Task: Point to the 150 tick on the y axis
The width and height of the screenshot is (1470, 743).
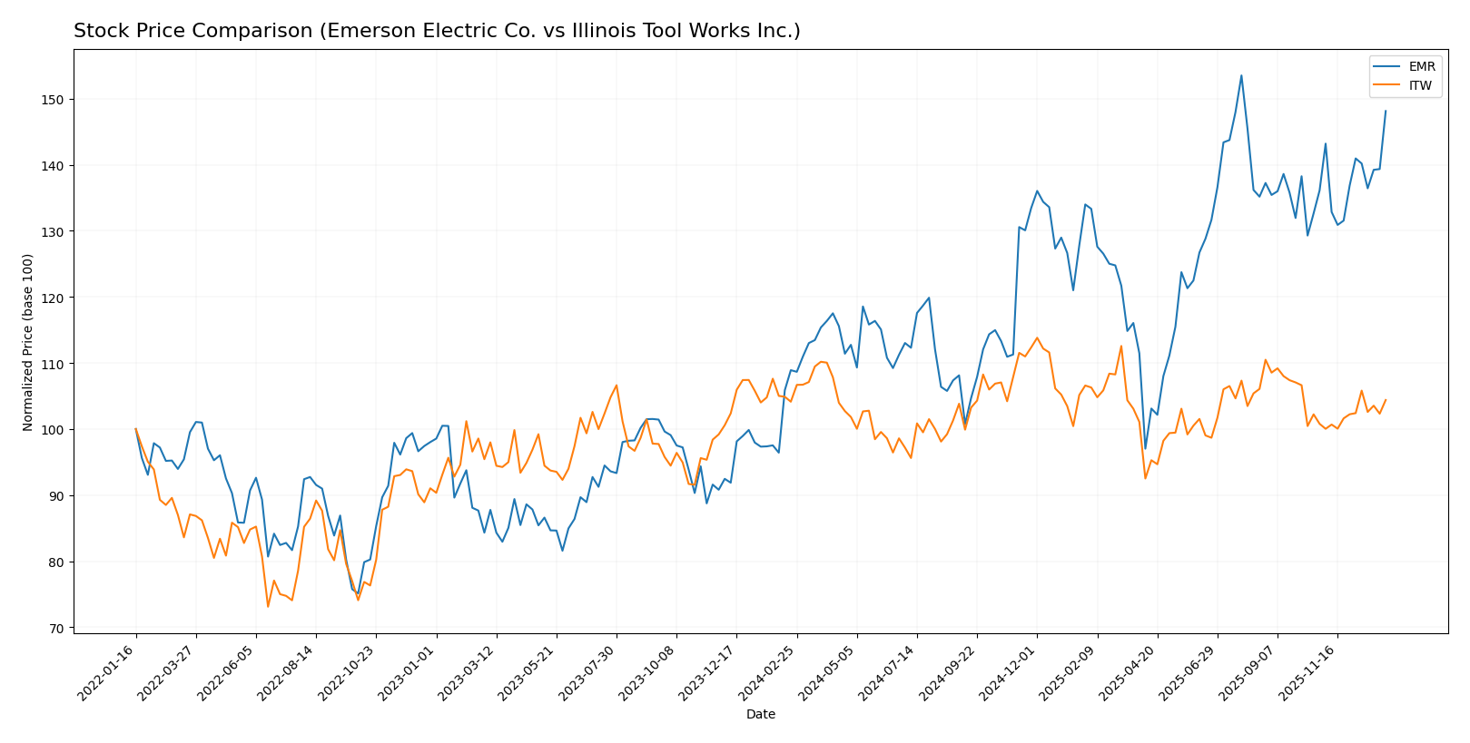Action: click(55, 100)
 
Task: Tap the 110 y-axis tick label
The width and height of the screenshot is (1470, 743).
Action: click(55, 364)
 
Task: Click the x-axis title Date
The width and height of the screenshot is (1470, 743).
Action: click(760, 715)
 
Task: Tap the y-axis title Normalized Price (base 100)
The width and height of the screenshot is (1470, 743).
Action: click(28, 342)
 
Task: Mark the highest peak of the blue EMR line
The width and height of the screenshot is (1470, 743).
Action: click(1241, 75)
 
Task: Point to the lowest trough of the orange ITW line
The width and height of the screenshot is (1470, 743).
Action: click(268, 606)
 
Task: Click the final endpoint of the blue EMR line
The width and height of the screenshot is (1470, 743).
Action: click(1386, 111)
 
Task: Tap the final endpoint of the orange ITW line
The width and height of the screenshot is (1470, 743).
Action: click(1386, 400)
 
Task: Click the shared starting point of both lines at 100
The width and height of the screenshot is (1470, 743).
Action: click(136, 429)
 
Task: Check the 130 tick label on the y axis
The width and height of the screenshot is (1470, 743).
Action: click(55, 231)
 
